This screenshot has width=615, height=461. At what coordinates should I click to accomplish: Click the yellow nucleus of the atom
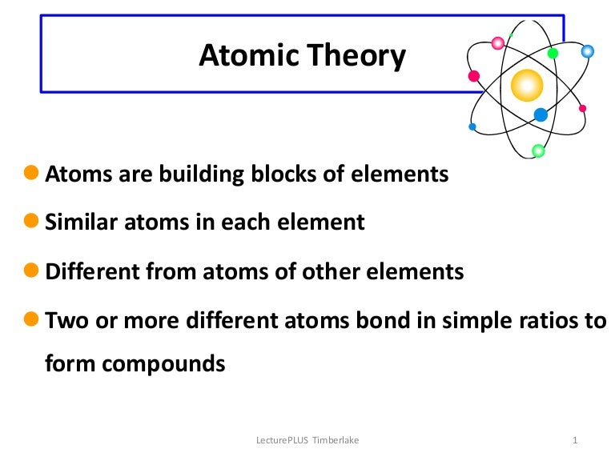click(527, 84)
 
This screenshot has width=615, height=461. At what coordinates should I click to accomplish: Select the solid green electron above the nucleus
click(553, 54)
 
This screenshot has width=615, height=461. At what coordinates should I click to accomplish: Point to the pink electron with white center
click(498, 43)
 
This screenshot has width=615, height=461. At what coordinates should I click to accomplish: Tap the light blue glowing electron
click(587, 51)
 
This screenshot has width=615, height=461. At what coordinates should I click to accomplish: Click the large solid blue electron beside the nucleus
click(541, 114)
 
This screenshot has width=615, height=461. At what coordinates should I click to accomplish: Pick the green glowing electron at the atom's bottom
click(538, 150)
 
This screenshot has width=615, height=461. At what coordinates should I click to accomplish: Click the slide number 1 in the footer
click(576, 440)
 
